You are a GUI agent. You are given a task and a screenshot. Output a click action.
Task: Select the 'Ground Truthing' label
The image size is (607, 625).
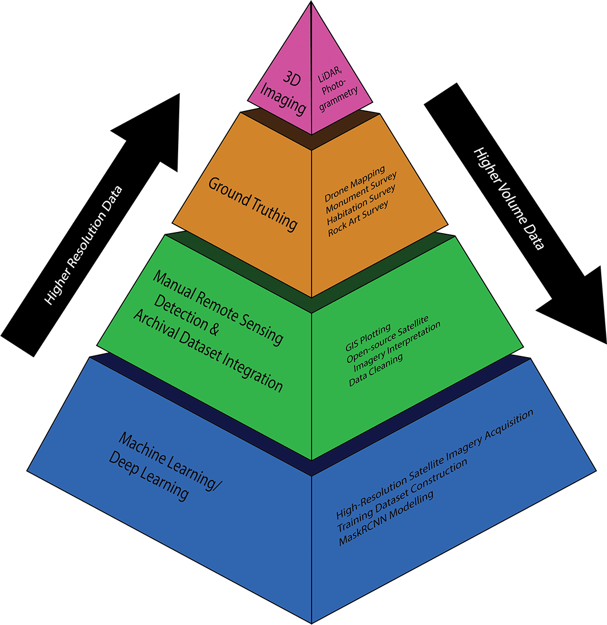(x=253, y=204)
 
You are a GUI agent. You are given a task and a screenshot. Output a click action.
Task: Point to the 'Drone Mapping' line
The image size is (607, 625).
(x=355, y=184)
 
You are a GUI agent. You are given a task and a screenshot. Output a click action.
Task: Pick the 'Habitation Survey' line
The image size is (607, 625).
(x=361, y=204)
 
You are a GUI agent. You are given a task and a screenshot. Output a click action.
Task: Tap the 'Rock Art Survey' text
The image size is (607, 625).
(x=357, y=219)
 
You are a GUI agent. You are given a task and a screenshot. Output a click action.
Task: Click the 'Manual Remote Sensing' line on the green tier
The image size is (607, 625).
(x=218, y=307)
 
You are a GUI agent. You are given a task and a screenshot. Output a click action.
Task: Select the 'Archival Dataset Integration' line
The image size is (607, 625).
(x=208, y=351)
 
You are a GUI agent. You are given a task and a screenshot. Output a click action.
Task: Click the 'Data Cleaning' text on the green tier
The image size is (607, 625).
(x=376, y=370)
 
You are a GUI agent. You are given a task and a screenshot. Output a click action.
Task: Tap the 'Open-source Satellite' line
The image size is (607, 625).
(x=387, y=339)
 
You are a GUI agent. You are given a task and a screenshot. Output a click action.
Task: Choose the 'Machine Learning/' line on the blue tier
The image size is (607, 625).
(x=170, y=462)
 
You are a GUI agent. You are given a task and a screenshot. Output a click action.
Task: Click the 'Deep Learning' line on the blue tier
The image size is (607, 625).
(x=148, y=475)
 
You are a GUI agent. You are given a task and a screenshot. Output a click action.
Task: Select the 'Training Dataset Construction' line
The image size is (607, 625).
(x=402, y=495)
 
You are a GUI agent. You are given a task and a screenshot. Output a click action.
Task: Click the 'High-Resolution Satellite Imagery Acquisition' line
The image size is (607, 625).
(x=435, y=464)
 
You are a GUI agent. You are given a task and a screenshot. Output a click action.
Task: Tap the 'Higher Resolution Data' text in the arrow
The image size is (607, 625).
(x=83, y=246)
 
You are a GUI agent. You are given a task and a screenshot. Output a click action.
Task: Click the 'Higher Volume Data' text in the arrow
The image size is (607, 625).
(x=509, y=199)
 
